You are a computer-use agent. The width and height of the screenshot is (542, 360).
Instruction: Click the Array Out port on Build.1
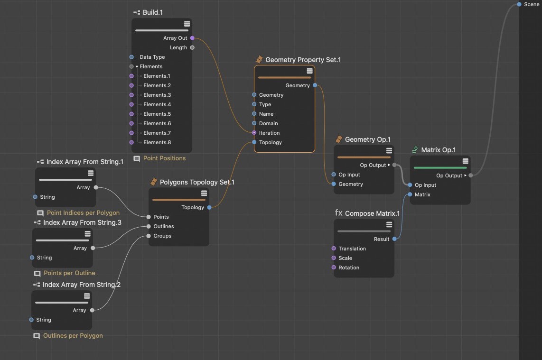click(x=192, y=38)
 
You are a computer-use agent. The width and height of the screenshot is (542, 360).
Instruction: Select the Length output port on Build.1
click(x=192, y=48)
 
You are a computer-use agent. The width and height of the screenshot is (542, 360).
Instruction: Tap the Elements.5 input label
click(x=157, y=114)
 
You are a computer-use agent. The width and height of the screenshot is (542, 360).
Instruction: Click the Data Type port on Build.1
click(x=131, y=57)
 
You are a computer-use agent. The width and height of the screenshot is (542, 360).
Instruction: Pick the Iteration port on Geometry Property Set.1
click(x=254, y=133)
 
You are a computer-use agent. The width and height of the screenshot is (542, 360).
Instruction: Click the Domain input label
click(x=269, y=123)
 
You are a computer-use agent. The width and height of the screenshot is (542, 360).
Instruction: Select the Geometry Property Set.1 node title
click(x=303, y=60)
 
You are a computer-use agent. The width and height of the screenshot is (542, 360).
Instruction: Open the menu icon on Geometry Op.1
click(x=389, y=151)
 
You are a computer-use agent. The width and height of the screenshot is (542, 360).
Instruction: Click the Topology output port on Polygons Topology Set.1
click(x=209, y=207)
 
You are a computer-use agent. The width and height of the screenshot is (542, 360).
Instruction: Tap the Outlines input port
click(x=149, y=226)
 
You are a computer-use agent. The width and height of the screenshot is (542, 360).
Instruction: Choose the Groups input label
click(x=162, y=236)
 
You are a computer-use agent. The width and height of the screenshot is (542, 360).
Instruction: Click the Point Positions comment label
click(x=165, y=158)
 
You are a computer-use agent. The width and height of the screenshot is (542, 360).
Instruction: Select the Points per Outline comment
click(x=69, y=273)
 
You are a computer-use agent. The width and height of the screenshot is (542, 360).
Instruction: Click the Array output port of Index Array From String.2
click(x=92, y=310)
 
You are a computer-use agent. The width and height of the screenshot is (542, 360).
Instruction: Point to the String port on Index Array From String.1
click(x=35, y=197)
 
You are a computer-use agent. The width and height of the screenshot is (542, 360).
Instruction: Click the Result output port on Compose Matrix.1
click(x=394, y=239)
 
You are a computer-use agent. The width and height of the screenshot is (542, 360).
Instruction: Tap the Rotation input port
click(x=334, y=268)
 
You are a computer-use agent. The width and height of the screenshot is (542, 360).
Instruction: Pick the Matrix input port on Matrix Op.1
click(x=410, y=194)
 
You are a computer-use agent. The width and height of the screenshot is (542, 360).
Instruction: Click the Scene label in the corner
click(x=532, y=4)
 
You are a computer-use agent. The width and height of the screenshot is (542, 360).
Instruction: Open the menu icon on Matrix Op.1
click(x=466, y=161)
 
